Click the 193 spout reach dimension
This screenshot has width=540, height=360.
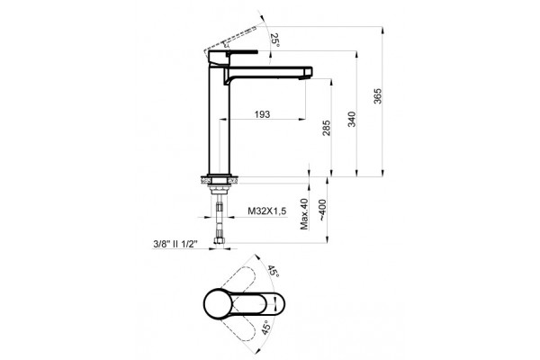(x=262, y=114)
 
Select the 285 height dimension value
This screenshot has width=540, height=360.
(x=326, y=128)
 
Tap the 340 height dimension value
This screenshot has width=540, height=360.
(x=352, y=119)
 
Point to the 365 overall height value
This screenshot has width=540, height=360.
(x=378, y=96)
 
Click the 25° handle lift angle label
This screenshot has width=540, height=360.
(x=274, y=40)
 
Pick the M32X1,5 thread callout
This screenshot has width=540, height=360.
(x=267, y=211)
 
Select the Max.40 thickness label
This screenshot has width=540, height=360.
(x=304, y=213)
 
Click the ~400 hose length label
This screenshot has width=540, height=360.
(x=323, y=210)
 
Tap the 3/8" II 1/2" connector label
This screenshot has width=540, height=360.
(x=175, y=244)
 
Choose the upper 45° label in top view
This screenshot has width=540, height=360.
(x=273, y=272)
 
